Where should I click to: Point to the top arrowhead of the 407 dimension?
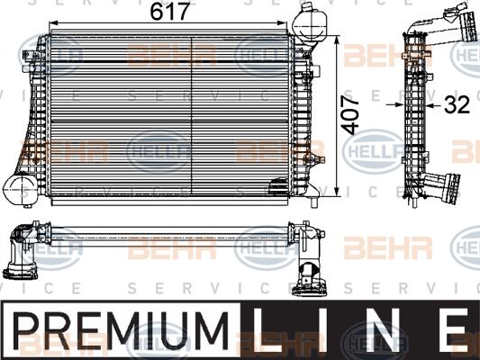[339, 41]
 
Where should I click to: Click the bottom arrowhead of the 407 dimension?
[339, 192]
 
